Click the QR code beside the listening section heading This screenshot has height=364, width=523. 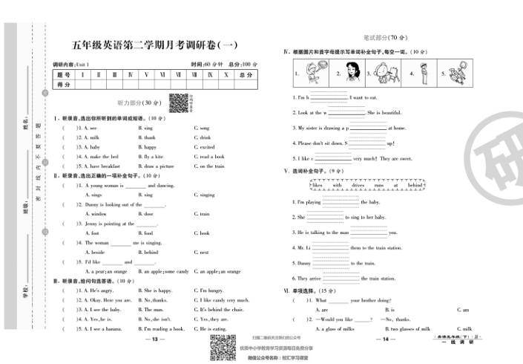[177, 103]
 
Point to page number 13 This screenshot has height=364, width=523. [155, 339]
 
